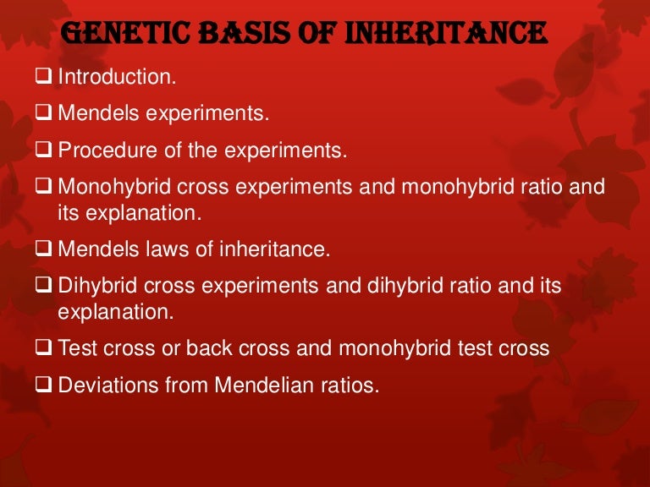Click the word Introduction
click(x=117, y=77)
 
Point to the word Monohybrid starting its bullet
click(x=108, y=189)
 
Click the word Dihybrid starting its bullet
click(x=92, y=287)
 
